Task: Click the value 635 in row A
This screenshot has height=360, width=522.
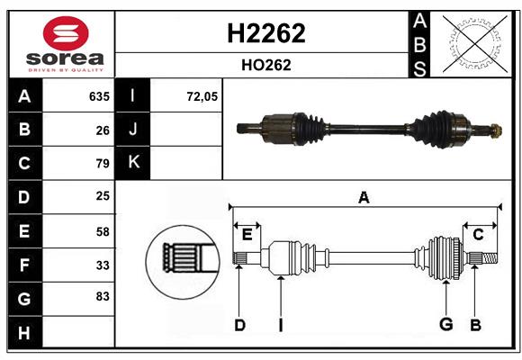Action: (x=98, y=96)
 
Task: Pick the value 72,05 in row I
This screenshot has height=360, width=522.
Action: (x=202, y=96)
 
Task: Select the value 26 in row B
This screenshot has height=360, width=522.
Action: (x=103, y=130)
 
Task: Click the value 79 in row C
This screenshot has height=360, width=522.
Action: (x=103, y=164)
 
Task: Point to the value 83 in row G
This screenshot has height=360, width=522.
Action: (x=103, y=295)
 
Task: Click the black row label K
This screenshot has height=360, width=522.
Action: (x=134, y=163)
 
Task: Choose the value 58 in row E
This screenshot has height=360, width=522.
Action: (x=103, y=231)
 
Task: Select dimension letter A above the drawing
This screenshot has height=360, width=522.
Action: (x=364, y=197)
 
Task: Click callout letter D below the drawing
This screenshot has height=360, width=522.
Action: (x=239, y=325)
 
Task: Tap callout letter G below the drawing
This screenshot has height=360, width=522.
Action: (x=445, y=325)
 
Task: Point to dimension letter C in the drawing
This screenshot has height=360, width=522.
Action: (x=479, y=234)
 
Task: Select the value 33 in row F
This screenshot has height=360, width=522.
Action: (x=103, y=265)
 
